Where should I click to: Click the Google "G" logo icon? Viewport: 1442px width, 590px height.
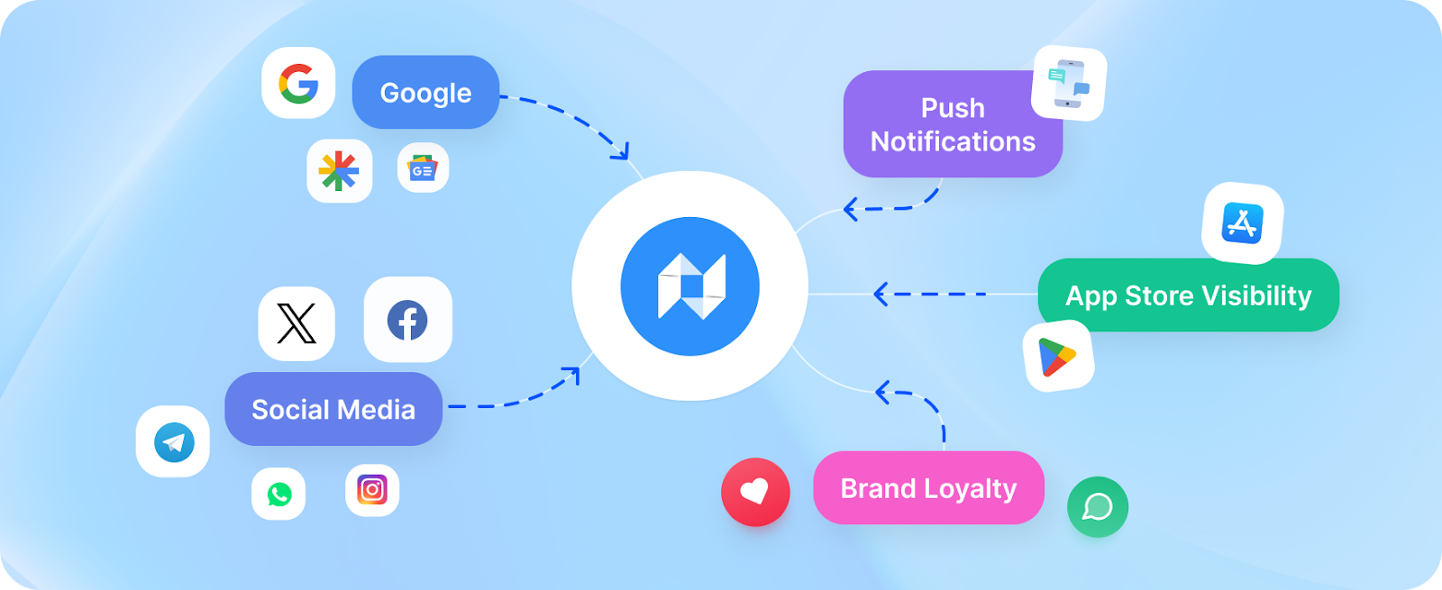pyautogui.click(x=298, y=84)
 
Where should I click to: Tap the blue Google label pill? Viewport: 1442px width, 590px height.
pyautogui.click(x=425, y=92)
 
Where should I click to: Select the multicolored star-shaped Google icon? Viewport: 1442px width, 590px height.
pyautogui.click(x=339, y=170)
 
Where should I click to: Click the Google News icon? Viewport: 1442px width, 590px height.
pyautogui.click(x=423, y=168)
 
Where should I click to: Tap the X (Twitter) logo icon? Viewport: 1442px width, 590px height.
pyautogui.click(x=297, y=323)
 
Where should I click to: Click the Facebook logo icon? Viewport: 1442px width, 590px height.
pyautogui.click(x=407, y=320)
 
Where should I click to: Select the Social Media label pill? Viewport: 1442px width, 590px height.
pyautogui.click(x=333, y=409)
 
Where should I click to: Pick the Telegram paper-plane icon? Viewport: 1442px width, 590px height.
pyautogui.click(x=174, y=442)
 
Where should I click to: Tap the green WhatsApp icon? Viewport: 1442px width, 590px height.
pyautogui.click(x=279, y=494)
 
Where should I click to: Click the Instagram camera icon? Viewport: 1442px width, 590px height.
pyautogui.click(x=372, y=490)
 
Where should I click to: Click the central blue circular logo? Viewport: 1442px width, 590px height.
pyautogui.click(x=690, y=286)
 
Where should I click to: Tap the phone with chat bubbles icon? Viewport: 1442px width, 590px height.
pyautogui.click(x=1069, y=83)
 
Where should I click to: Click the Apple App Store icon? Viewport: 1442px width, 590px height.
pyautogui.click(x=1242, y=222)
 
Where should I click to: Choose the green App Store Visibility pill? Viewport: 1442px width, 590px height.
pyautogui.click(x=1188, y=295)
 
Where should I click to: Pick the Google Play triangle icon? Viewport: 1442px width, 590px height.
pyautogui.click(x=1057, y=357)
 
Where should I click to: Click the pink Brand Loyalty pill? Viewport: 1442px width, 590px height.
pyautogui.click(x=928, y=488)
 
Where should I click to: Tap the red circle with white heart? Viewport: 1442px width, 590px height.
pyautogui.click(x=755, y=492)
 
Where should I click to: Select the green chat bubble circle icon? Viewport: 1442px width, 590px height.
pyautogui.click(x=1098, y=506)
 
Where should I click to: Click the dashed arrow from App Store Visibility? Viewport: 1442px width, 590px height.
pyautogui.click(x=928, y=294)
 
